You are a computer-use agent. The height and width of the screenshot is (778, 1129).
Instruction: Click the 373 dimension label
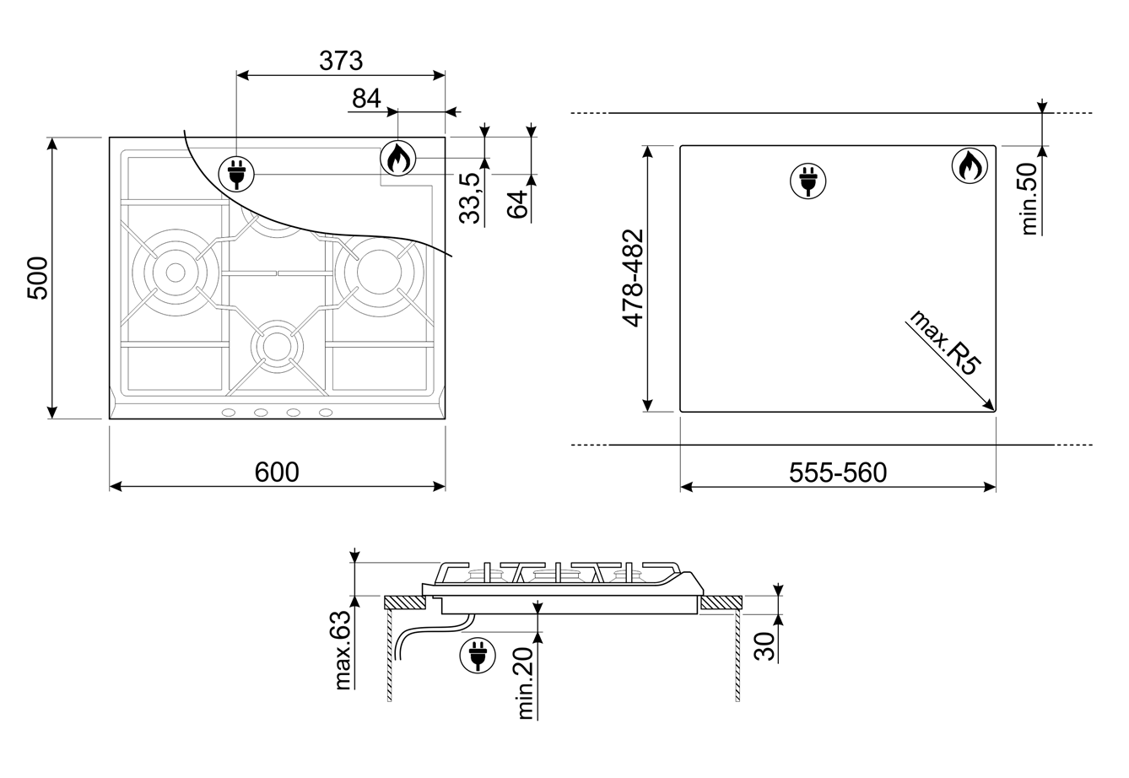[x=341, y=61]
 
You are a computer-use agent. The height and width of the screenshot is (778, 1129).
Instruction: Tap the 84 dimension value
[x=366, y=98]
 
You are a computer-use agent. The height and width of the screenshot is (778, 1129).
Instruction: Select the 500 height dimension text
[x=38, y=278]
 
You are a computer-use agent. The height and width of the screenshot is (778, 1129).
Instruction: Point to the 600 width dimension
[x=277, y=473]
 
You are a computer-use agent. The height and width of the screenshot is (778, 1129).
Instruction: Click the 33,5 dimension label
[x=469, y=198]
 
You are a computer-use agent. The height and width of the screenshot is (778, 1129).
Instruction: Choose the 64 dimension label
[x=517, y=204]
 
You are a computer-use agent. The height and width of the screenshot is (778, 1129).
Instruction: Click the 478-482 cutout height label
[x=633, y=278]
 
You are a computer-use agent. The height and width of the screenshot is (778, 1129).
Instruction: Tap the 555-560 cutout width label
[x=838, y=473]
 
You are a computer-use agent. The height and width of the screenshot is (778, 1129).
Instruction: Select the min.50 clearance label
[x=1029, y=199]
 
